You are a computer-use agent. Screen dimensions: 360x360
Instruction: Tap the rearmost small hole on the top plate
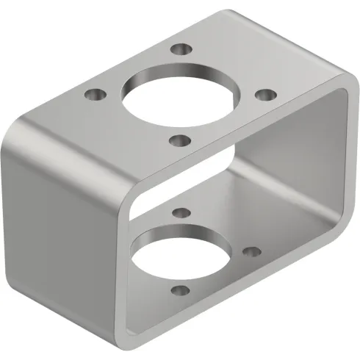(179, 51)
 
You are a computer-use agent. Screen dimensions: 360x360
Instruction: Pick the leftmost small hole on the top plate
(93, 95)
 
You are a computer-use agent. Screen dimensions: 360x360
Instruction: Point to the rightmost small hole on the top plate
(266, 95)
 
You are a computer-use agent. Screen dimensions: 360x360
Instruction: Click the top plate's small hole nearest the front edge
(179, 140)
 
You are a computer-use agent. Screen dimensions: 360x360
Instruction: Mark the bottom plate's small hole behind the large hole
(178, 214)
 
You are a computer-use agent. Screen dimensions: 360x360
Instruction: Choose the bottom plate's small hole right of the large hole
(251, 251)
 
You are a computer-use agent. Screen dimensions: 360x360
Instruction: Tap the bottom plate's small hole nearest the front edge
(178, 292)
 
